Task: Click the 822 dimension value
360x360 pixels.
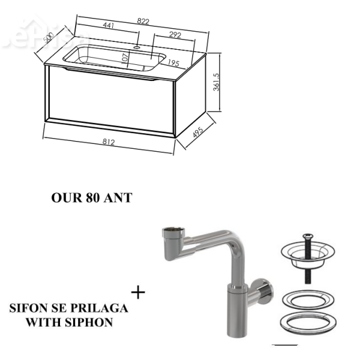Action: coord(143,22)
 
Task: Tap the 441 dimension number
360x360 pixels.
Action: coord(109,25)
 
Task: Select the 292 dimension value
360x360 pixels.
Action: coord(175,35)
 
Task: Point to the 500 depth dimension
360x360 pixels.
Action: coord(49,38)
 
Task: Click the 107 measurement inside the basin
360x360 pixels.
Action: coord(125,58)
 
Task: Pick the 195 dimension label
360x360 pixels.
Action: coord(173,63)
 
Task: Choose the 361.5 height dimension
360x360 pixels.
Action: coord(216,82)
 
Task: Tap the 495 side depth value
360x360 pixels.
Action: coord(198,132)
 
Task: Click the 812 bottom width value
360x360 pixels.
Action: coord(109,142)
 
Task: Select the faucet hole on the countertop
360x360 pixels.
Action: coord(137,47)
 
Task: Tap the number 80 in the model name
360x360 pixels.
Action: coord(93,197)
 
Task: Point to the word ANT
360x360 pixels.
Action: coord(118,197)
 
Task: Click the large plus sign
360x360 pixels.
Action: coord(138,293)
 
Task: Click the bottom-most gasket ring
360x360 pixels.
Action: coord(308,323)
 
